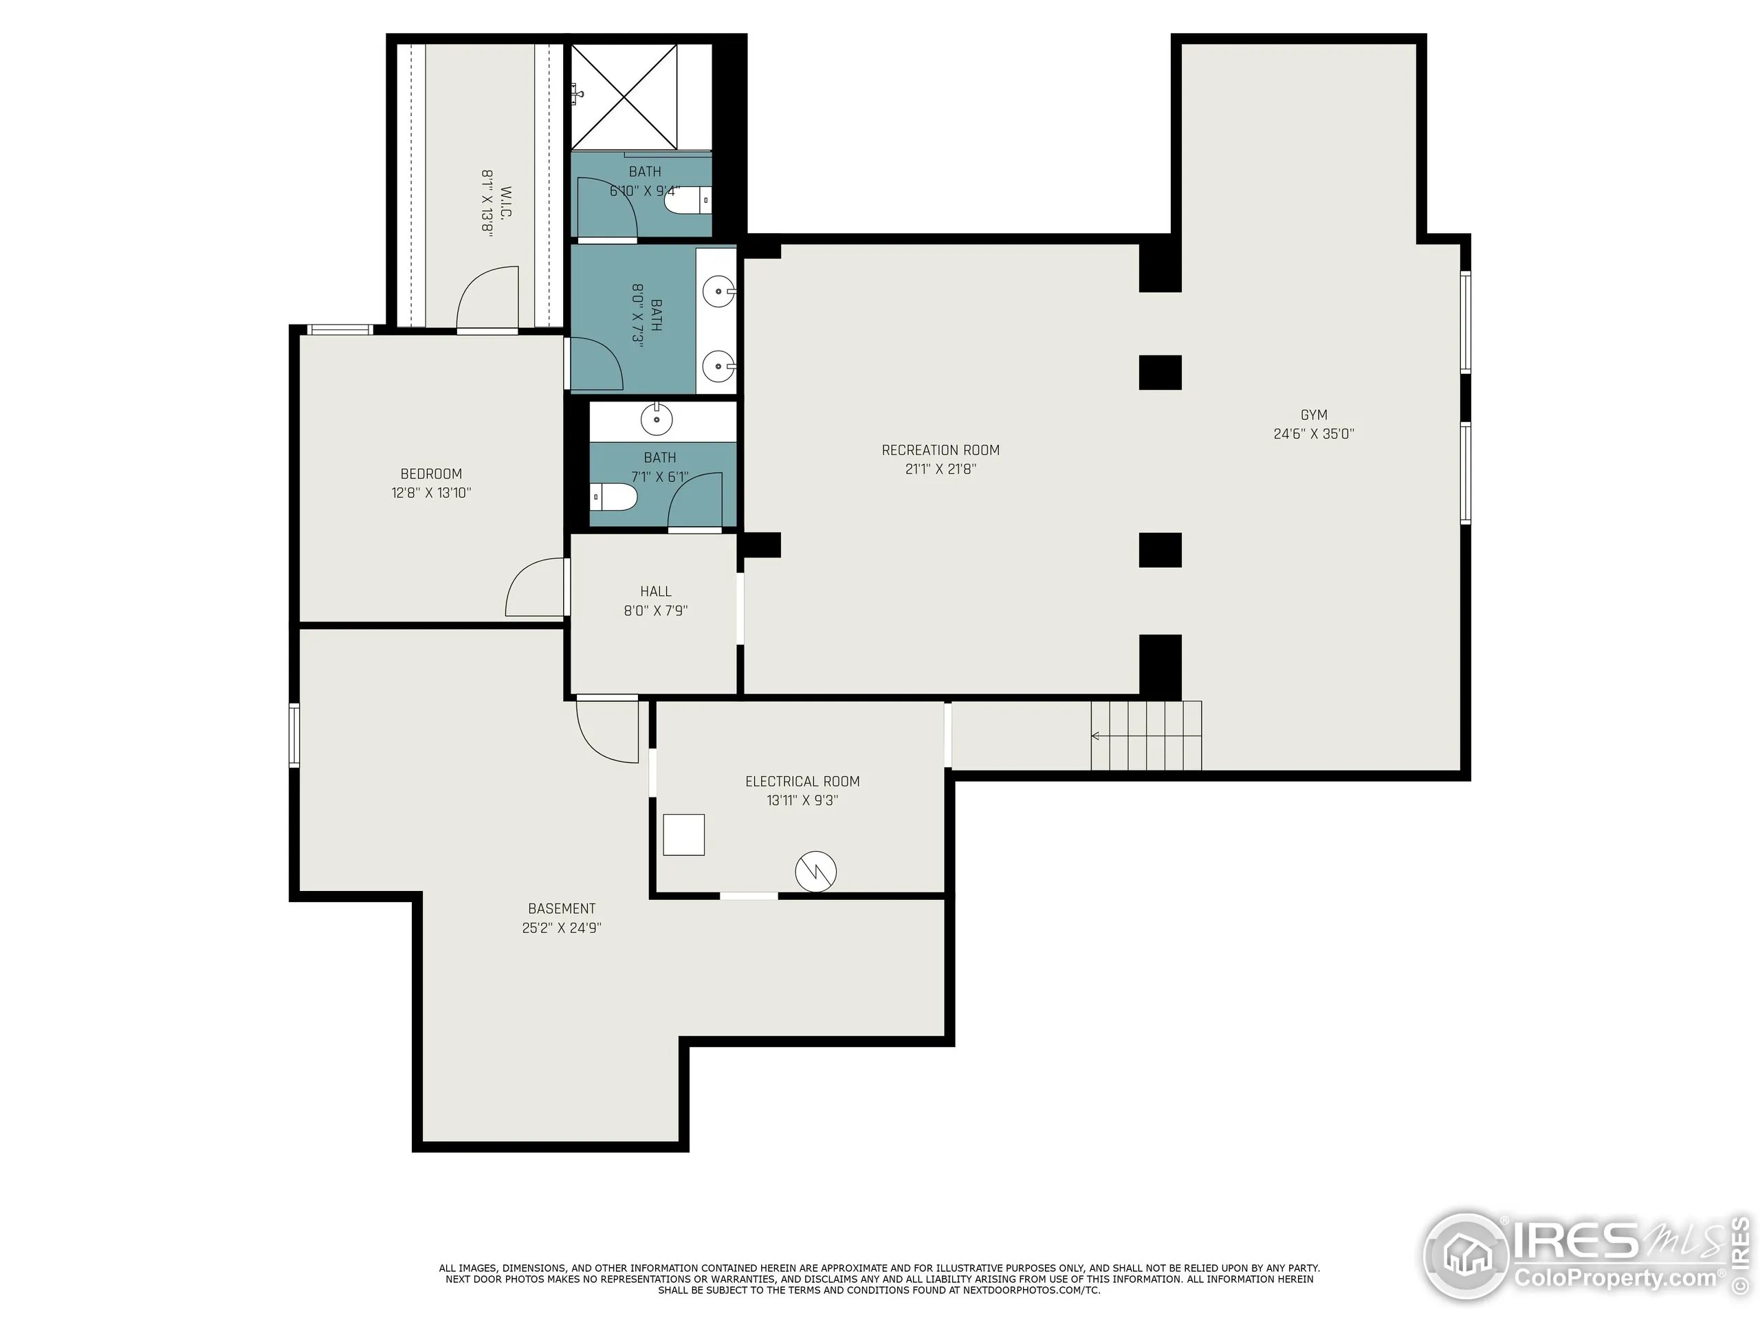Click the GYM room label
pyautogui.click(x=1314, y=415)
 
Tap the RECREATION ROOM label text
pyautogui.click(x=940, y=450)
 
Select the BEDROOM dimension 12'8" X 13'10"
pyautogui.click(x=431, y=492)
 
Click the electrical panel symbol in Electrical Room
pyautogui.click(x=815, y=871)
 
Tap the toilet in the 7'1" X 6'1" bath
pyautogui.click(x=616, y=498)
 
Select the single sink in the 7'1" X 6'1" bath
pyautogui.click(x=657, y=419)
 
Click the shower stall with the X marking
pyautogui.click(x=624, y=97)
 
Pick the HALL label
pyautogui.click(x=656, y=591)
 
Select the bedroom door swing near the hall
pyautogui.click(x=536, y=588)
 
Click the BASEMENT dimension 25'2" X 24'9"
pyautogui.click(x=562, y=927)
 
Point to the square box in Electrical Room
pyautogui.click(x=683, y=835)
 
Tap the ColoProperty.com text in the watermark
pyautogui.click(x=1614, y=1279)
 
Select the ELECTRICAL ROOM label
pyautogui.click(x=802, y=781)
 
